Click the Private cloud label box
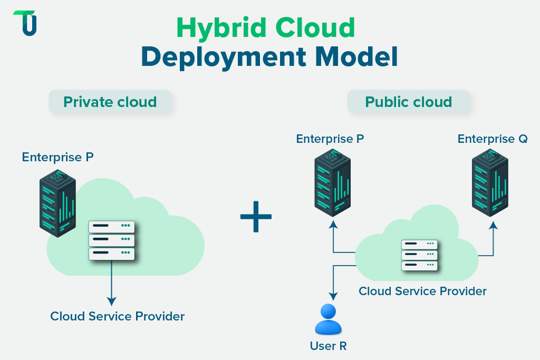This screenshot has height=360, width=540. [110, 102]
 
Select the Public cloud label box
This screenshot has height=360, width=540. [409, 102]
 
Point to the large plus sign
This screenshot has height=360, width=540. [256, 217]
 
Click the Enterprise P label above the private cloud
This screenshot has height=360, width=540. [58, 157]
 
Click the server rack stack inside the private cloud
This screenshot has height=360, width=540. [111, 240]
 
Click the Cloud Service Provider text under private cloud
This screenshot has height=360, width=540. [117, 316]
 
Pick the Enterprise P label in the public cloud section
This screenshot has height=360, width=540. [330, 139]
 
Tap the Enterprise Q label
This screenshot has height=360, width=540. [493, 139]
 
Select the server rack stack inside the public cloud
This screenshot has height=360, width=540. [419, 255]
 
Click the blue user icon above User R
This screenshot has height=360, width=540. [328, 319]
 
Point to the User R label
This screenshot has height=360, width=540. [328, 346]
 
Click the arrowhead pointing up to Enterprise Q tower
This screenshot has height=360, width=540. [493, 226]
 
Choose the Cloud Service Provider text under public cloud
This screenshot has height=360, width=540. [422, 291]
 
